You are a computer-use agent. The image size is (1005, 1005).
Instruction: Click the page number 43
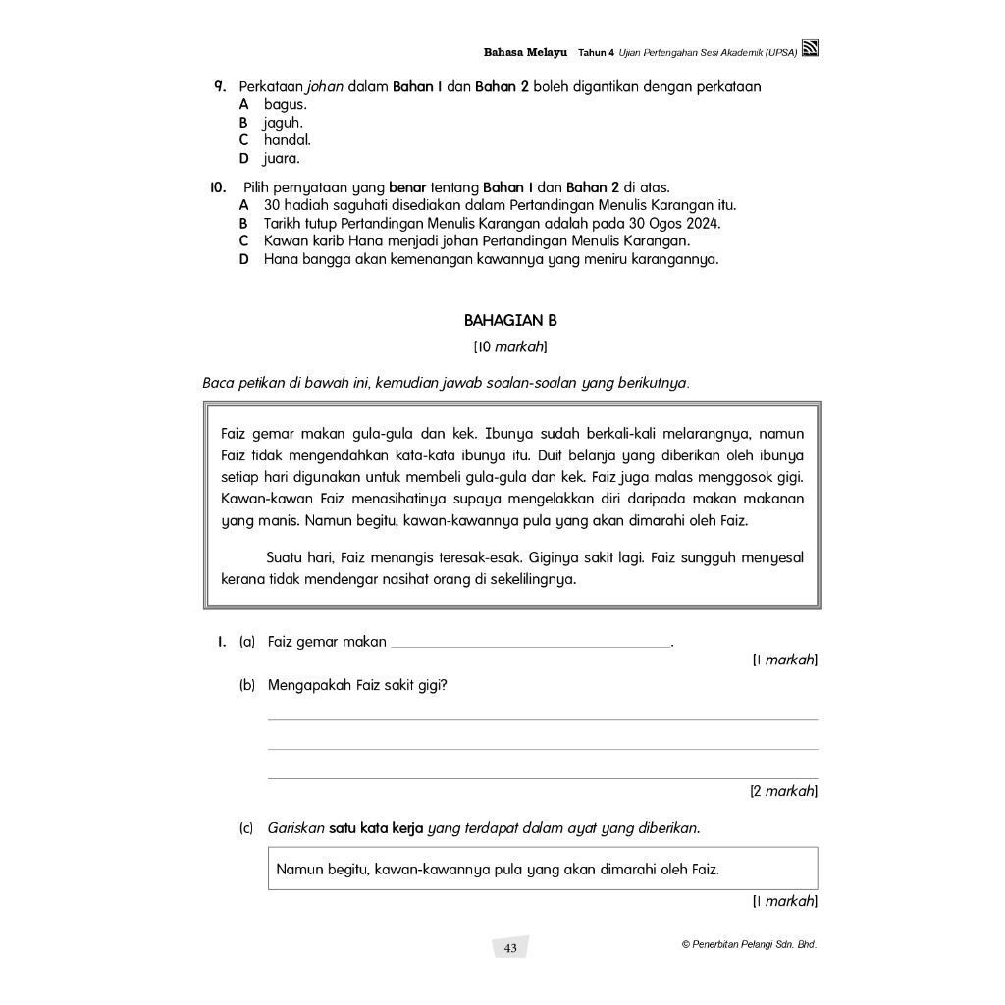510,948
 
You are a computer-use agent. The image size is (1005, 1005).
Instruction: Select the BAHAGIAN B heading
509,320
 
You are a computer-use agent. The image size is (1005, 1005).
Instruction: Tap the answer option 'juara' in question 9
282,158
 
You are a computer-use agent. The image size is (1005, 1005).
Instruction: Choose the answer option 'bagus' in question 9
286,104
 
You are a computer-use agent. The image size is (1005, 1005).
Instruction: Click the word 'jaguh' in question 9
283,123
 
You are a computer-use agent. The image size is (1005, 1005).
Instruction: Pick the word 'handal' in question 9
287,140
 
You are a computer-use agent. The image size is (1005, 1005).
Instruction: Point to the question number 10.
218,186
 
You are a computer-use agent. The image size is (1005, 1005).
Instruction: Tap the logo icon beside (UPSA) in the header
810,50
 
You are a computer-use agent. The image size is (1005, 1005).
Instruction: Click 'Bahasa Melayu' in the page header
526,51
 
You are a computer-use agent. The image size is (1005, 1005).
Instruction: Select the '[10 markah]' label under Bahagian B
509,346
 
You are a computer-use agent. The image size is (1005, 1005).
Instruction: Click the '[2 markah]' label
783,790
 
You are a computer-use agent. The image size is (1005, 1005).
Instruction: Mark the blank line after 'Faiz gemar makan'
530,643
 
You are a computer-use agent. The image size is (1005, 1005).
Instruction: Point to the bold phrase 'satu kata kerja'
376,828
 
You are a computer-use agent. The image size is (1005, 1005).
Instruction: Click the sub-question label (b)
247,685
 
